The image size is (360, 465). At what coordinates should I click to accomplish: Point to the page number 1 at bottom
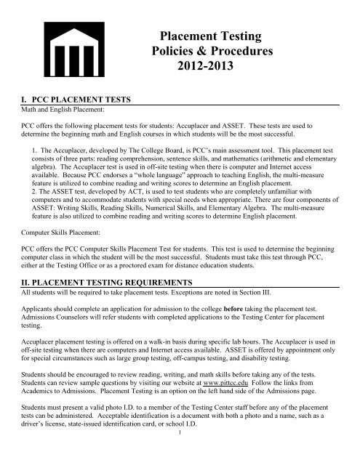(180, 458)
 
